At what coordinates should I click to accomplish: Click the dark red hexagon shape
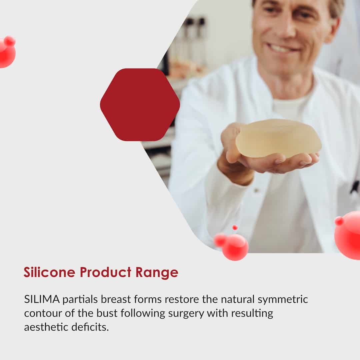pos(140,104)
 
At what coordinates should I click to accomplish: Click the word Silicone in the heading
pos(49,272)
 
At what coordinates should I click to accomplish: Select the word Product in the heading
pos(105,272)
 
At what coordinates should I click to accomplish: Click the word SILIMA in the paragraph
pos(42,299)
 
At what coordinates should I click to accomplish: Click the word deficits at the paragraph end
pos(90,327)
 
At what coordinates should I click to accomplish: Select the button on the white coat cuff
pos(256,190)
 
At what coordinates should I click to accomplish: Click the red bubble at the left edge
pos(7,52)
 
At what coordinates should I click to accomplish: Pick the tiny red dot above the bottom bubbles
pos(235,228)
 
